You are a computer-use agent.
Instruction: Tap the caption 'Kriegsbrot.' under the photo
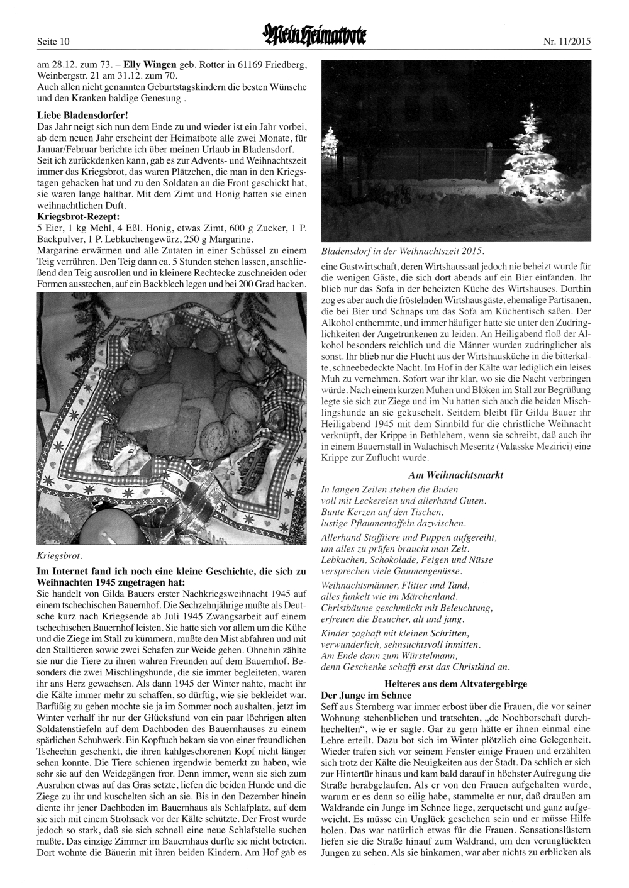(x=60, y=556)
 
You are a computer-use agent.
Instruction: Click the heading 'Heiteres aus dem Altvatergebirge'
(x=455, y=683)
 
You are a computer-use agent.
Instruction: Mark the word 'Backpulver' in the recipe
(x=60, y=240)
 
